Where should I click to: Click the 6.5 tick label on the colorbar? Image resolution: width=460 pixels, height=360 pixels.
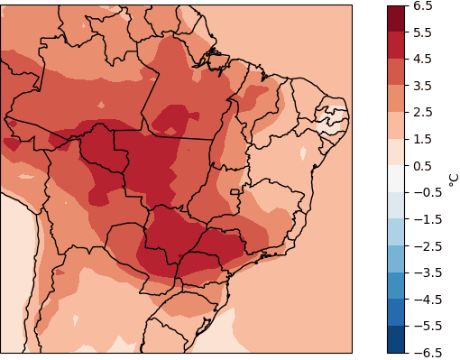421,6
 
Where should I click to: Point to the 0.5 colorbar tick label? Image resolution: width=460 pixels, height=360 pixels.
421,166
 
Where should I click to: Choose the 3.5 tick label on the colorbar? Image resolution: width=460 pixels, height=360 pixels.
421,86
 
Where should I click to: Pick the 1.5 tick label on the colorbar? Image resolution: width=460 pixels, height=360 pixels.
421,139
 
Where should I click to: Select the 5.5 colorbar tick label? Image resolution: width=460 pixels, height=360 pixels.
421,32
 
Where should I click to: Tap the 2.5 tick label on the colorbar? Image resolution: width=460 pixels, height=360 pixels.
421,113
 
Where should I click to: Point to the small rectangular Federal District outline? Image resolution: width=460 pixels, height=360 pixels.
235,191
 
